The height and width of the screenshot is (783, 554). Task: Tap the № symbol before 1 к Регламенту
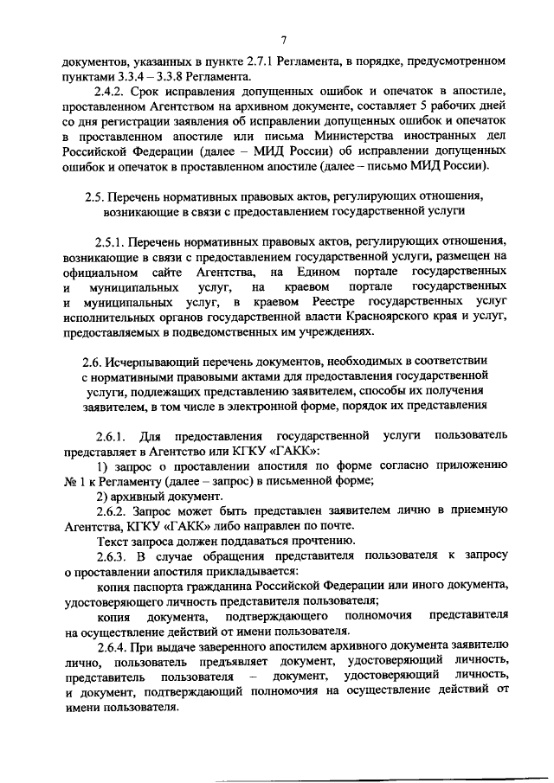72,480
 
